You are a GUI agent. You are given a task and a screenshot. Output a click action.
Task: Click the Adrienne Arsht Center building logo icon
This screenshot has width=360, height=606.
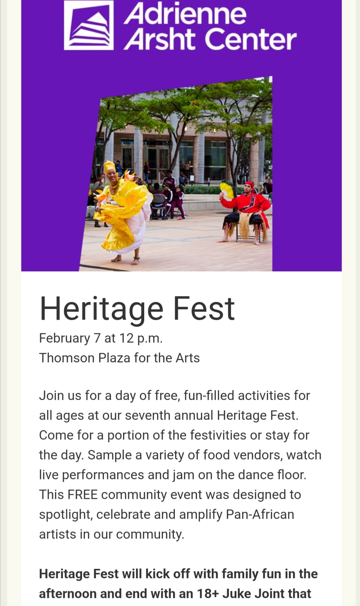pos(89,25)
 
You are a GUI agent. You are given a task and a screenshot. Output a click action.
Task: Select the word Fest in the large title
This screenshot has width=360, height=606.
pos(203,309)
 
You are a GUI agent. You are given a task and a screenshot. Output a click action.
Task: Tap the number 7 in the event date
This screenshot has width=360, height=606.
pos(97,338)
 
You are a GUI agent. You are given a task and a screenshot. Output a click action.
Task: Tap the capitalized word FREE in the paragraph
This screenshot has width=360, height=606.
pos(82,495)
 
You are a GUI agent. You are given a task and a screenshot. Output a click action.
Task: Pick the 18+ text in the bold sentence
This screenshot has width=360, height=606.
pos(208,594)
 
